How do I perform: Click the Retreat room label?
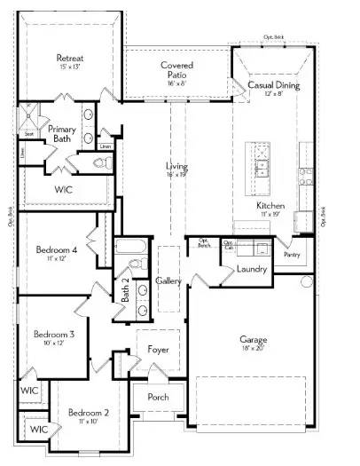[x=69, y=59]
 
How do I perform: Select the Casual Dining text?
[x=273, y=85]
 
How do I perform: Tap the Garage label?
[x=254, y=339]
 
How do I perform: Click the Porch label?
[x=158, y=397]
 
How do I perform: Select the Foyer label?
[x=158, y=349]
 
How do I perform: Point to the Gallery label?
[x=168, y=280]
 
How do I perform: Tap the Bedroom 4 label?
[x=57, y=251]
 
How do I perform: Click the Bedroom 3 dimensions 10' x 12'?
[x=52, y=343]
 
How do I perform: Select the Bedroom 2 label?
[x=88, y=413]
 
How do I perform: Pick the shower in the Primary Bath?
[x=33, y=116]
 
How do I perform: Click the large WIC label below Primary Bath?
[x=63, y=189]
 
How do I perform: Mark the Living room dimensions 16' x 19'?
[x=176, y=175]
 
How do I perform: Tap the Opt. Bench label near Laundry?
[x=203, y=241]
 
